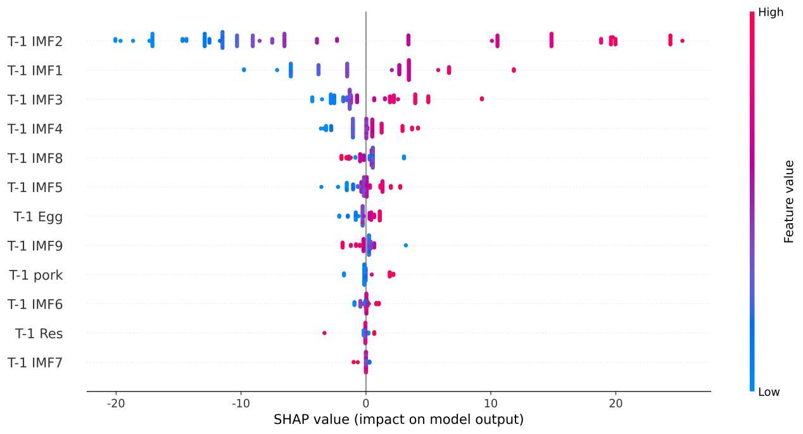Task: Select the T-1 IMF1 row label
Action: click(x=35, y=71)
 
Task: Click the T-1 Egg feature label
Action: click(x=39, y=217)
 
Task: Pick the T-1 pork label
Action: click(x=36, y=276)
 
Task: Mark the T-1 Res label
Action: click(x=39, y=334)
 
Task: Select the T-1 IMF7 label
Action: click(x=35, y=363)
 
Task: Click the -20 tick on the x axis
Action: click(x=115, y=404)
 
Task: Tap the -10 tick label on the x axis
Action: click(x=240, y=404)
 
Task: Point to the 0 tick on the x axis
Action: click(x=365, y=404)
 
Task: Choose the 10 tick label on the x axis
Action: click(x=490, y=404)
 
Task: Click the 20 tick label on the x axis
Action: click(x=615, y=404)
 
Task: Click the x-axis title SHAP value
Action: click(x=398, y=419)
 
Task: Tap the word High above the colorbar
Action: click(x=770, y=12)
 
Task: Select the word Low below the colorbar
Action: click(x=769, y=392)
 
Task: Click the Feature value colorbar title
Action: click(x=789, y=201)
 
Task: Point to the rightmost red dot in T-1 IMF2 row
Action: click(x=682, y=41)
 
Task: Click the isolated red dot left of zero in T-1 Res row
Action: click(x=324, y=333)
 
